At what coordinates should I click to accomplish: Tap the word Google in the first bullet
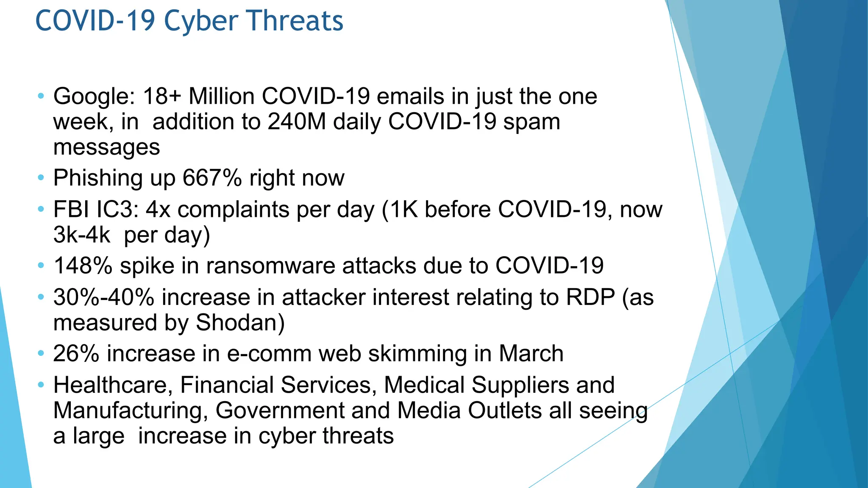pos(94,97)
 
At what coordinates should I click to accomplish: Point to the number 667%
pos(212,178)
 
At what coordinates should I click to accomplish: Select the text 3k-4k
pos(82,235)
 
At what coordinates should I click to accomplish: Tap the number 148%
pos(83,266)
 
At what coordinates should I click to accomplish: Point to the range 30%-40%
pos(104,297)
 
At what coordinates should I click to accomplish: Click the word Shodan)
pos(240,323)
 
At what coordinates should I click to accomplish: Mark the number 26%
pos(76,354)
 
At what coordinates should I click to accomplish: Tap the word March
pos(531,354)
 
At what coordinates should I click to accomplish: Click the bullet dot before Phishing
pos(41,177)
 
